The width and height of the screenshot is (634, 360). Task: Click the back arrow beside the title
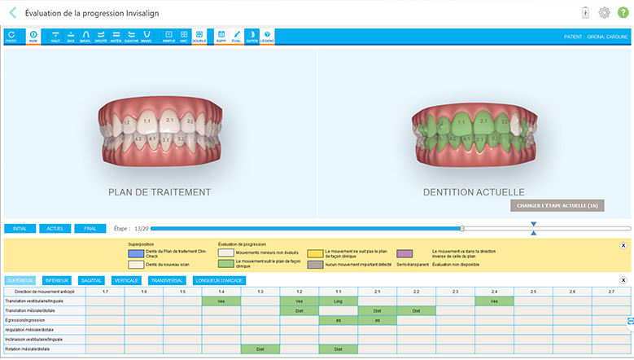[11, 12]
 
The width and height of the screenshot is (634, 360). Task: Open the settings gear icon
[604, 12]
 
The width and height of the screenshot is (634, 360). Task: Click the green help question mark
[623, 12]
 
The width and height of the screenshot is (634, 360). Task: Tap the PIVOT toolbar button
[11, 37]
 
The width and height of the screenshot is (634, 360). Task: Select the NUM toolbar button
[33, 37]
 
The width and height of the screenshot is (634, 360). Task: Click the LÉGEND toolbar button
[267, 37]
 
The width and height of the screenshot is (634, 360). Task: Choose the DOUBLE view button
[199, 37]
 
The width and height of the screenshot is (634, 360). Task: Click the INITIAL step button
[20, 229]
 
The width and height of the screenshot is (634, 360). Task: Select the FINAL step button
[90, 229]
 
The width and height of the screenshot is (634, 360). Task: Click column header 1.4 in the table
[221, 291]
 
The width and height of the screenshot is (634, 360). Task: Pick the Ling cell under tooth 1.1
[338, 301]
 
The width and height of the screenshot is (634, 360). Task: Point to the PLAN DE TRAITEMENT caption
[160, 192]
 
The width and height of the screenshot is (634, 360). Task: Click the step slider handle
[462, 229]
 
